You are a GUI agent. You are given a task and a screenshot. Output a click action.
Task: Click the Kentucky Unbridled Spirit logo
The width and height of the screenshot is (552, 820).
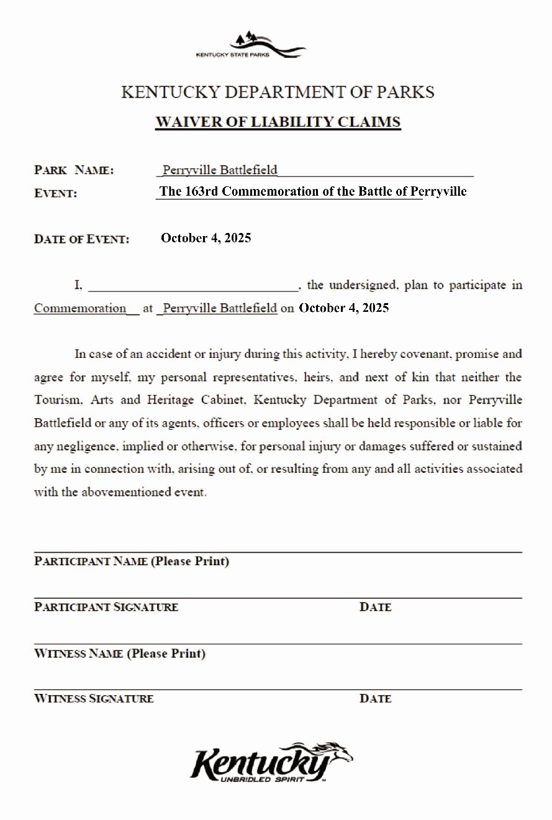click(271, 762)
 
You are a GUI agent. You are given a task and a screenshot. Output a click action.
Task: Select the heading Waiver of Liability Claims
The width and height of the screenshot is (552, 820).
click(278, 122)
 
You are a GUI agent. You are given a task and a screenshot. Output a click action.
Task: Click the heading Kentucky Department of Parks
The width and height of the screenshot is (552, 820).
click(278, 93)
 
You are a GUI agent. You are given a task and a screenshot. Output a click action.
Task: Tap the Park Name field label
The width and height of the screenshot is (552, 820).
click(74, 170)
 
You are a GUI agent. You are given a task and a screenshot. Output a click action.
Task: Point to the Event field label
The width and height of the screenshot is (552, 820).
click(55, 193)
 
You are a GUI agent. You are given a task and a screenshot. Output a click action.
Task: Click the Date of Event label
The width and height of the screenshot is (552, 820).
click(81, 239)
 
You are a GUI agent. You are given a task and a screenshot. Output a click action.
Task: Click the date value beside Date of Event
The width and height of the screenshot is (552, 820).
click(206, 238)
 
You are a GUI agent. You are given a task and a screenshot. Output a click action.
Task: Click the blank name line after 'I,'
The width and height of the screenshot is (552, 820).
click(193, 286)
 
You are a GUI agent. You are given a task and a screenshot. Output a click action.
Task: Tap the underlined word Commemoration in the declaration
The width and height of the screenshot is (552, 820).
click(80, 308)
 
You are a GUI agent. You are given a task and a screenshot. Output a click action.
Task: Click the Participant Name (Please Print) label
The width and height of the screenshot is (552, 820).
click(132, 562)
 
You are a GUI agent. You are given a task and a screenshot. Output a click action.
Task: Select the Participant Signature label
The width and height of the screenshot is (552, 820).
click(106, 607)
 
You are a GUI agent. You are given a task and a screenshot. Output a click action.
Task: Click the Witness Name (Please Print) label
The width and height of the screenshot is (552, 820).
click(120, 654)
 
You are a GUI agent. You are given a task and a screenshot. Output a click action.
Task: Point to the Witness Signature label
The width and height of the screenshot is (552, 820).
click(94, 699)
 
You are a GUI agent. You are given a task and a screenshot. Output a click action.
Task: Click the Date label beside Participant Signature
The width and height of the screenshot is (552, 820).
click(375, 607)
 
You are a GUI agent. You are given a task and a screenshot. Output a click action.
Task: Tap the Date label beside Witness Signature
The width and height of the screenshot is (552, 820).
click(375, 699)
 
